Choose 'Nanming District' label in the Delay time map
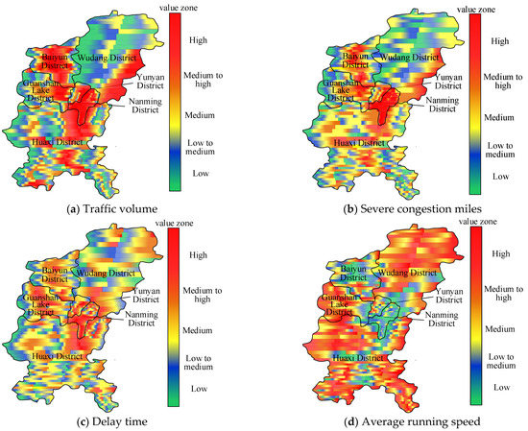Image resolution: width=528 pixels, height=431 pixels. tap(144, 316)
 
